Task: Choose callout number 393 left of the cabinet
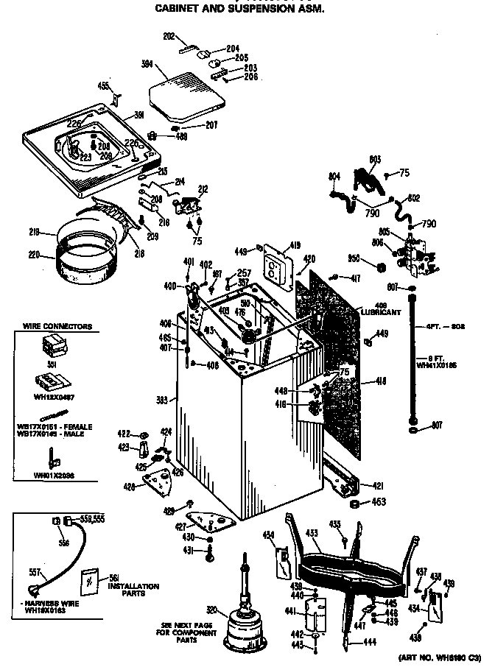[166, 400]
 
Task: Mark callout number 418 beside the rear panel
[381, 381]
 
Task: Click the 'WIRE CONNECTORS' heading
[57, 326]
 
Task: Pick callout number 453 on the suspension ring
[312, 533]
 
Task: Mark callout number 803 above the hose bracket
[374, 159]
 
